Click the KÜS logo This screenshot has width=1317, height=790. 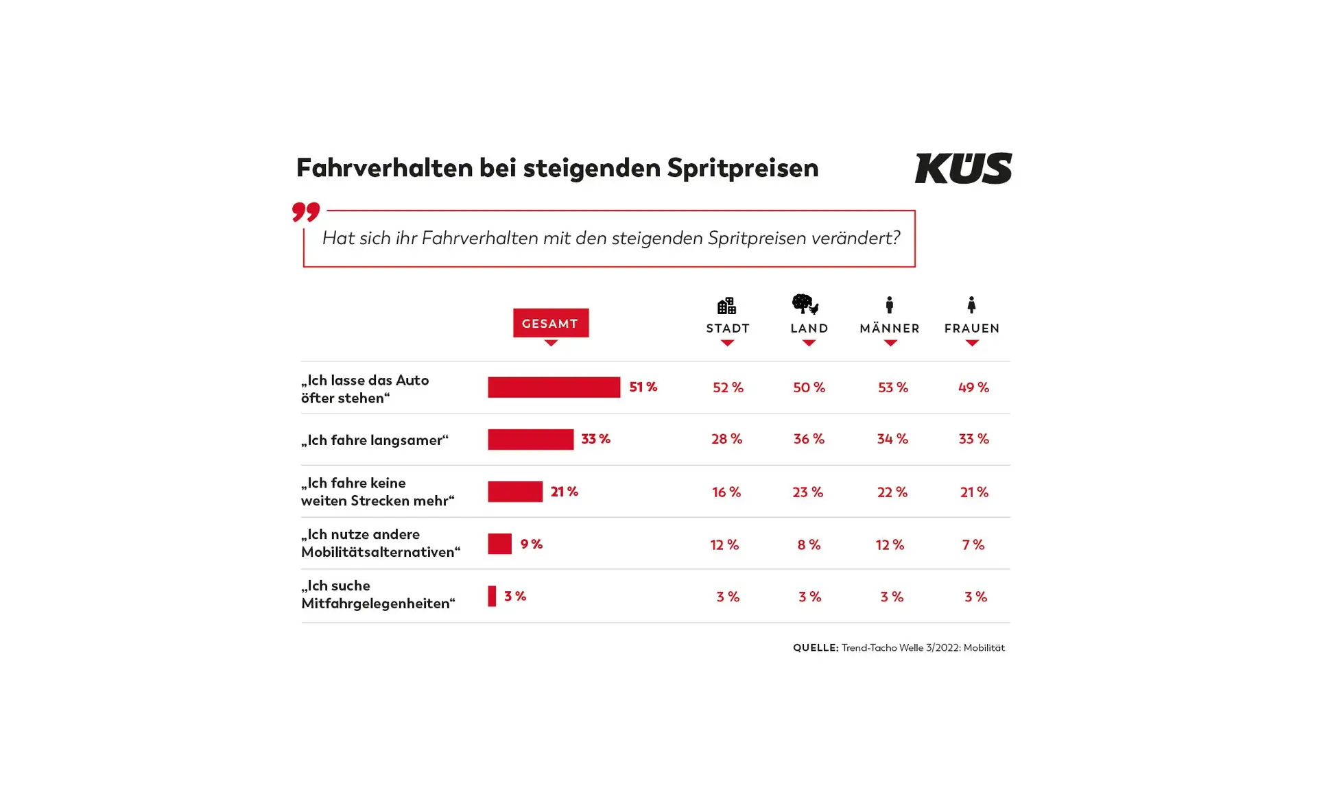(962, 168)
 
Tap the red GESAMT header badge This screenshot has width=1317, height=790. (550, 323)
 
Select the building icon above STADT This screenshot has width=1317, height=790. (726, 305)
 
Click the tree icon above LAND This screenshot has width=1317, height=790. (805, 304)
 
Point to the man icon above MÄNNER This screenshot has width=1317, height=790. (889, 304)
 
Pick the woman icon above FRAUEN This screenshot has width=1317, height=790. (971, 304)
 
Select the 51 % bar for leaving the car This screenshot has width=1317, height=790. (554, 387)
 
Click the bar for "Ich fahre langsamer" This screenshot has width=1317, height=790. (530, 439)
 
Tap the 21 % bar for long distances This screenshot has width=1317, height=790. (514, 491)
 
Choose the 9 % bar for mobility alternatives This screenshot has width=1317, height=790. (499, 543)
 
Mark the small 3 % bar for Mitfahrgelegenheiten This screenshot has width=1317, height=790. (492, 595)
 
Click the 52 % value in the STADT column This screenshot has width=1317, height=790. (728, 387)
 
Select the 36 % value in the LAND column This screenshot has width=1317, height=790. (809, 439)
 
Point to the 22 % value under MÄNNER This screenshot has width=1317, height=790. (892, 492)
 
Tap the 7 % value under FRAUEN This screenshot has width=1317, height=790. (973, 544)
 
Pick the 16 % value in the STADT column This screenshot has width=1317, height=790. (726, 492)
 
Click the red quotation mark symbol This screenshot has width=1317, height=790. (305, 211)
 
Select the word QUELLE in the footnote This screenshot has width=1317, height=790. (815, 647)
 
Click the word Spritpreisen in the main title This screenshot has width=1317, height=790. (742, 168)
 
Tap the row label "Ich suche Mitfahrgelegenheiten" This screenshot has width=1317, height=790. (377, 595)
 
